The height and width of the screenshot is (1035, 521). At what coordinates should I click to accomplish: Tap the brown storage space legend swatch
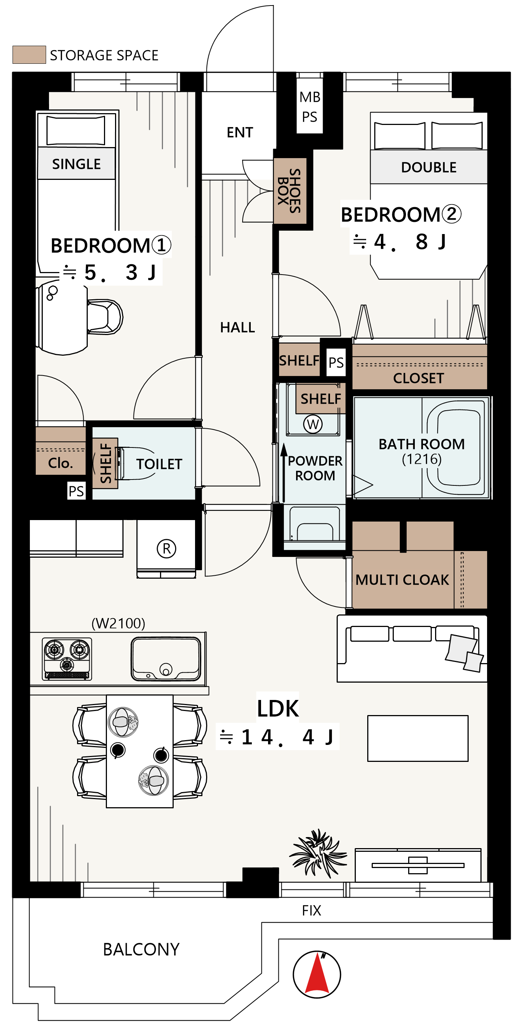pos(29,55)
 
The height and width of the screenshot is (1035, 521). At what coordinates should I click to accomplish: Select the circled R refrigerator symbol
pos(166,548)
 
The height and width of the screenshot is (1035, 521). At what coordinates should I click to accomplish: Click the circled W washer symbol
pos(313,424)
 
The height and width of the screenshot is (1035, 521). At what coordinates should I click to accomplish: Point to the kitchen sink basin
pos(166,659)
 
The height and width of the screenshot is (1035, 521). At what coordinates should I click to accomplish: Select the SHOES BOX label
pos(289,191)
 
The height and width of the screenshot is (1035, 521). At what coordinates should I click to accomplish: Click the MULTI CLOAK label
pos(402,580)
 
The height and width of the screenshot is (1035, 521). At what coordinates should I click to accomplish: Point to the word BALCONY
pos(141,949)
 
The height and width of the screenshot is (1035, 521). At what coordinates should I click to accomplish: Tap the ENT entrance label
pos(240,132)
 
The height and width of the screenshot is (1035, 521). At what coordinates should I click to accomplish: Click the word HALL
pos(237,327)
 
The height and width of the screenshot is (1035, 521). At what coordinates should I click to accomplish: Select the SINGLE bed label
pos(76,164)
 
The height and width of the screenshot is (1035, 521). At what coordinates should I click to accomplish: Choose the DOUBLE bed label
pos(428,167)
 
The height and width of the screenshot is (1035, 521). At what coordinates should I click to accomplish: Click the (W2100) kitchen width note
pos(118,623)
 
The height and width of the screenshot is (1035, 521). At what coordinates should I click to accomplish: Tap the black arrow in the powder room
pos(284,473)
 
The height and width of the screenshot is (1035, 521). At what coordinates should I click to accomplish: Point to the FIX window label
pos(312,910)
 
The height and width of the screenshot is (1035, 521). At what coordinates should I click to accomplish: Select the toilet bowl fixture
pos(135,464)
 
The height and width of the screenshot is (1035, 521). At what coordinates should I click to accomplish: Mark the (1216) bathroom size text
pos(422,459)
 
